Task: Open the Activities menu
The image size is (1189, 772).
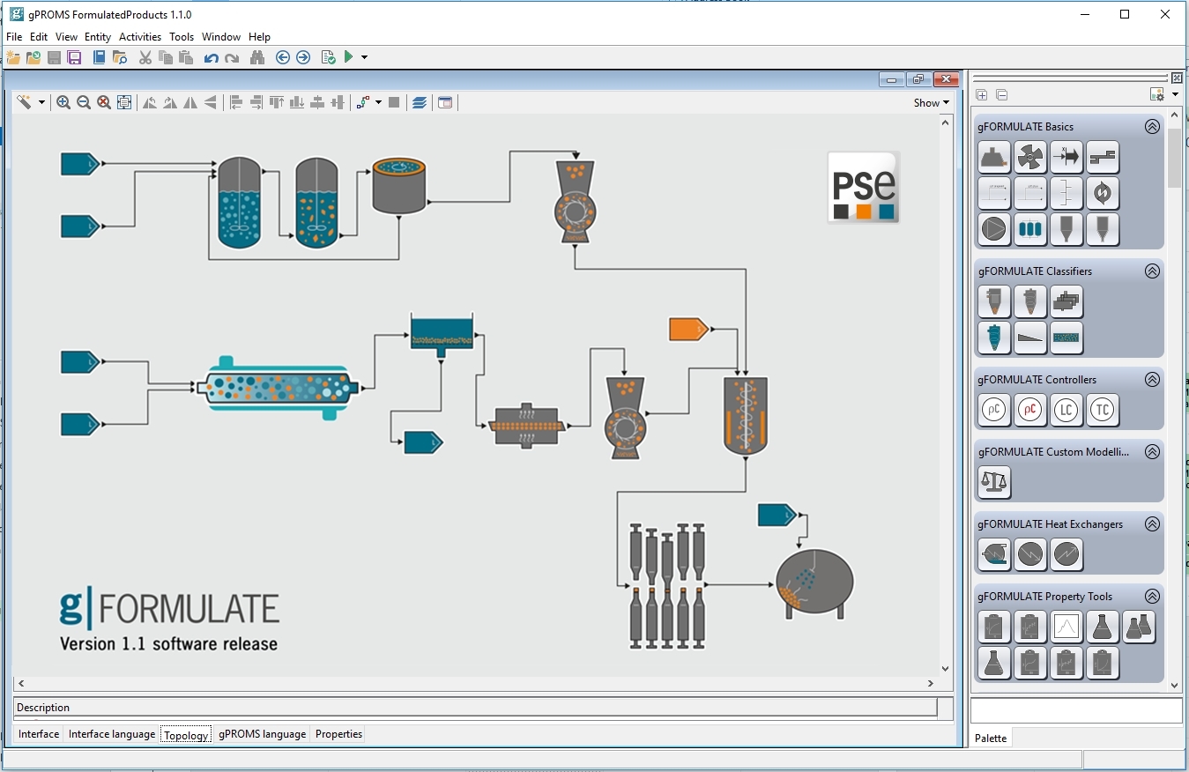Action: point(140,37)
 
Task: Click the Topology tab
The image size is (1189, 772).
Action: point(186,735)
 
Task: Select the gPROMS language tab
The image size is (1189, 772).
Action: point(262,734)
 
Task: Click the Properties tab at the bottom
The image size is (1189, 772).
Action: point(338,734)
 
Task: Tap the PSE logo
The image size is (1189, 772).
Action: point(863,187)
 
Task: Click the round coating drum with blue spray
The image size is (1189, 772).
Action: point(814,583)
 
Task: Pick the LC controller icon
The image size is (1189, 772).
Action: point(1066,410)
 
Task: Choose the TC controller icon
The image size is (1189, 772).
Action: point(1103,410)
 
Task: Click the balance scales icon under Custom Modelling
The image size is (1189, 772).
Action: point(994,482)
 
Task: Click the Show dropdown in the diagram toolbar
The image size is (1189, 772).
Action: point(932,102)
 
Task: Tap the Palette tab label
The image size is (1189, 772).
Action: point(991,739)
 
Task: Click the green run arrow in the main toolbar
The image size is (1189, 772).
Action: point(349,57)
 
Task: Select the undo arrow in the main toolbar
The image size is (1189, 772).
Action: point(211,58)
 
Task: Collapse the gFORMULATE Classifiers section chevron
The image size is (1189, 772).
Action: point(1152,271)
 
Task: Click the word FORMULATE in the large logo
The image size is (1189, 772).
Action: point(190,609)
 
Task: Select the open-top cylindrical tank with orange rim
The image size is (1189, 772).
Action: point(399,185)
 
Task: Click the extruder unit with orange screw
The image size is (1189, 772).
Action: point(526,426)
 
